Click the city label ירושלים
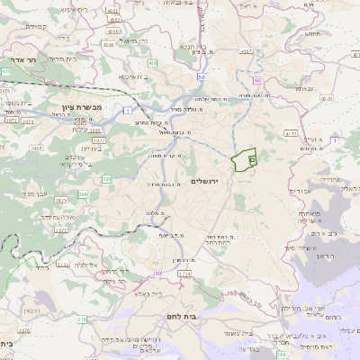(x=212, y=182)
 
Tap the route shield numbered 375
(x=82, y=319)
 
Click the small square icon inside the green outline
(x=251, y=159)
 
